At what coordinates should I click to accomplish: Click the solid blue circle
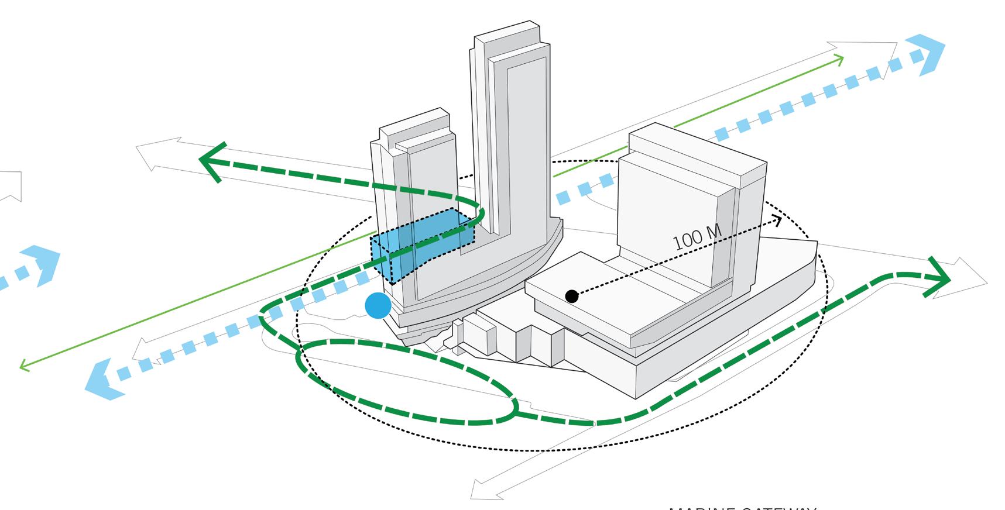point(378,306)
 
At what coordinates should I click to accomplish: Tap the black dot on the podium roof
point(572,297)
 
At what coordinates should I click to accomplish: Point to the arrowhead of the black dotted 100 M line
point(778,220)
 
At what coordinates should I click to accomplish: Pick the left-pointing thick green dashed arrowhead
point(211,161)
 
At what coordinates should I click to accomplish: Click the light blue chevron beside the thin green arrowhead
point(925,56)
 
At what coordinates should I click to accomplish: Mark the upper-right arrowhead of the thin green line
point(840,58)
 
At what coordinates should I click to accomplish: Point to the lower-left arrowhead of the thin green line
point(24,366)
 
